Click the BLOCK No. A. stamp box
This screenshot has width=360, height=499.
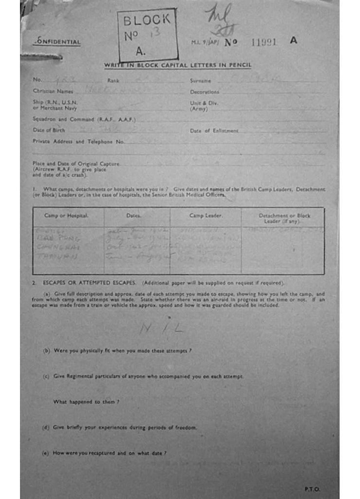pos(147,35)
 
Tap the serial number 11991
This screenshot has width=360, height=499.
pos(264,42)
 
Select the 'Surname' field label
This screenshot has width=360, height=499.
pos(200,80)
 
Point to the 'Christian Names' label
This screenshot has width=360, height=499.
pos(53,91)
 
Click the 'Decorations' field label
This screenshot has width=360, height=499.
pos(205,92)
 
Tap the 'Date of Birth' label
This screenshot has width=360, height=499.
pos(49,130)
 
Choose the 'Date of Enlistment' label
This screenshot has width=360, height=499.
pos(214,131)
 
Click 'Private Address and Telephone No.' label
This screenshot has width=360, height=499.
pos(78,141)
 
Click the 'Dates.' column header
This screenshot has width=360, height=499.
pos(134,215)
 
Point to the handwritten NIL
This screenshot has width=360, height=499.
pos(161,329)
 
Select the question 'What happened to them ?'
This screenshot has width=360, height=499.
pos(86,402)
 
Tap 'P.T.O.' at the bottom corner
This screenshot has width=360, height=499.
pos(312,489)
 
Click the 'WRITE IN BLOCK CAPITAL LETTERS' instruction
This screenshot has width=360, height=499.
pos(177,66)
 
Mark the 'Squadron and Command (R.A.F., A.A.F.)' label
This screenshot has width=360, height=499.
pos(84,119)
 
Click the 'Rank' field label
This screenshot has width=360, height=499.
pos(113,80)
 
